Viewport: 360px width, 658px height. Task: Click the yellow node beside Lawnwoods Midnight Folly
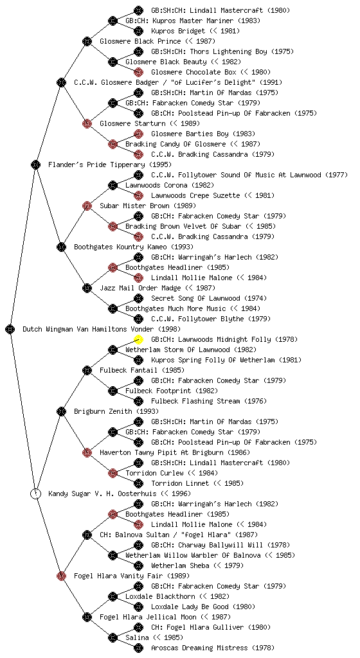click(138, 339)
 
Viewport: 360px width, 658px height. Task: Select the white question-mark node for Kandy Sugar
click(36, 493)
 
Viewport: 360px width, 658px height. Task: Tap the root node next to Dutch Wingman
click(10, 329)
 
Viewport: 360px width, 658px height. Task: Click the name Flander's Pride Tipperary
click(96, 164)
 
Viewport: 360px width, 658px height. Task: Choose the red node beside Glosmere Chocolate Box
click(138, 72)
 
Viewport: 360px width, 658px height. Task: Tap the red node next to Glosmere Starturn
click(87, 123)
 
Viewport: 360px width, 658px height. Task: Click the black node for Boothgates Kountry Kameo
click(61, 247)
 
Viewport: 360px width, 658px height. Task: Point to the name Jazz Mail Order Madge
click(141, 288)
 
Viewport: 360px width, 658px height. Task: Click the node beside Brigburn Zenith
click(61, 411)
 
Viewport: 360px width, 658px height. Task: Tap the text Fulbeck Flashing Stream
click(195, 401)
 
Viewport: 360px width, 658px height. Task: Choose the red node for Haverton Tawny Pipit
click(87, 452)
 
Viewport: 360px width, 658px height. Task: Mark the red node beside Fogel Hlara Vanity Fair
click(61, 576)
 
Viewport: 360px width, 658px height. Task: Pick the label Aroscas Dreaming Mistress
click(199, 648)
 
